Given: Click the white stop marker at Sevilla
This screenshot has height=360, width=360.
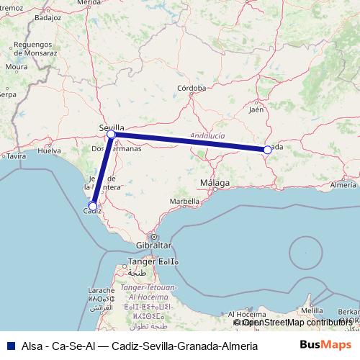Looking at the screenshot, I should tap(111, 135).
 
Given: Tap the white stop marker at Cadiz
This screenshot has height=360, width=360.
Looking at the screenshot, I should tap(93, 206).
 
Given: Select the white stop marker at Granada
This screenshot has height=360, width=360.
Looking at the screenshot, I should tap(267, 150).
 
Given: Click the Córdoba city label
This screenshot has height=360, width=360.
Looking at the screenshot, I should tap(192, 89).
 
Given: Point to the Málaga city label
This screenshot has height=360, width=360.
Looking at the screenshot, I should tap(215, 183).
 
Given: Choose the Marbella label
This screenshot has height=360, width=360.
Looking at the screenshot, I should tap(184, 201).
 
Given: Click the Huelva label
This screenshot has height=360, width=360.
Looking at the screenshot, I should tap(49, 151).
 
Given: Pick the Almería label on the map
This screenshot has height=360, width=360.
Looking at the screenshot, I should tap(343, 185).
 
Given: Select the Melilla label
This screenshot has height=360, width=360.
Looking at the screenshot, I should tap(312, 310).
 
